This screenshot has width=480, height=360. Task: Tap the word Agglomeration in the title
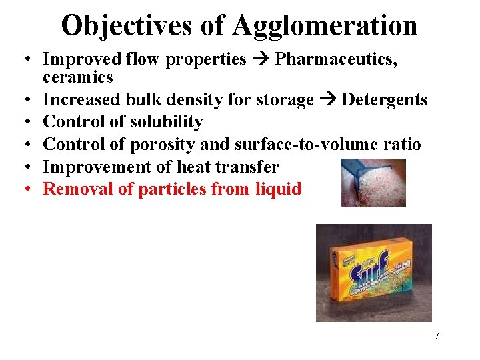pyautogui.click(x=325, y=26)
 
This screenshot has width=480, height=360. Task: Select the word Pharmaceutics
pyautogui.click(x=336, y=59)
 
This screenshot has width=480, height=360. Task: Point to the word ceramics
pyautogui.click(x=78, y=77)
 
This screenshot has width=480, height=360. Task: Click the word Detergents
pyautogui.click(x=384, y=100)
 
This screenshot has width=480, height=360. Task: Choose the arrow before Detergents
pyautogui.click(x=327, y=100)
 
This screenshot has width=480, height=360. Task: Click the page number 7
pyautogui.click(x=437, y=336)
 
